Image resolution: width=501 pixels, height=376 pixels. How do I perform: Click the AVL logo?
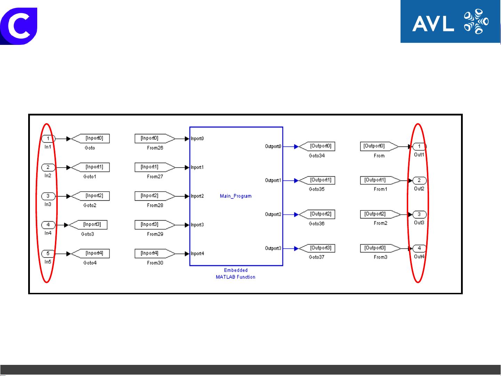coord(450,22)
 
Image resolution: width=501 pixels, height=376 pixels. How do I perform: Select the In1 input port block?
coord(48,139)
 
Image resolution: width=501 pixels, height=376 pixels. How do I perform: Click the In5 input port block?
coord(48,254)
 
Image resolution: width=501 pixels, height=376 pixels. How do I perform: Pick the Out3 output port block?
coord(419,214)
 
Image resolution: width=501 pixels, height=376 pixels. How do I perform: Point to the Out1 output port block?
coord(419,146)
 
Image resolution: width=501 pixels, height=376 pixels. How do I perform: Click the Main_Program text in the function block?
coord(236,196)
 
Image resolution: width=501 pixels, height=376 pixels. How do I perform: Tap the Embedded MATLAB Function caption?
coord(236,274)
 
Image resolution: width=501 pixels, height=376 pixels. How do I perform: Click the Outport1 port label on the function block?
coord(273,181)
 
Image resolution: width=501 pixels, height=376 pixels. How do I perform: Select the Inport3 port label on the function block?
coord(197,225)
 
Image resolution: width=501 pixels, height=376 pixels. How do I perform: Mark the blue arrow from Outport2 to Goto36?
coord(291,214)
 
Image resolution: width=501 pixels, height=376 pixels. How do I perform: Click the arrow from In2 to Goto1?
coord(63,167)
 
